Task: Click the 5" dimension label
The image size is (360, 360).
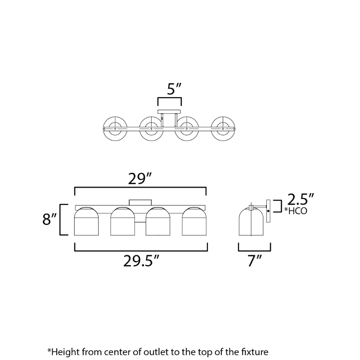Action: pyautogui.click(x=174, y=89)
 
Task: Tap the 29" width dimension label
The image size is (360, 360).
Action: pyautogui.click(x=140, y=179)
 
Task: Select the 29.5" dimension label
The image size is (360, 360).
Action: pyautogui.click(x=141, y=261)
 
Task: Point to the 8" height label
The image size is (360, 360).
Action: pyautogui.click(x=49, y=219)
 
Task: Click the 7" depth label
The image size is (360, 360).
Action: pyautogui.click(x=255, y=261)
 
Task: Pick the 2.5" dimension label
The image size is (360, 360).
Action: pyautogui.click(x=300, y=199)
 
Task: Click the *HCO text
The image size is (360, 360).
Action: pyautogui.click(x=296, y=211)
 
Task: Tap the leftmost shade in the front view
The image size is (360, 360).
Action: pyautogui.click(x=86, y=221)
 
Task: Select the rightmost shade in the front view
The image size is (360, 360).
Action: pyautogui.click(x=194, y=221)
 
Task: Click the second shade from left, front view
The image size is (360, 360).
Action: pyautogui.click(x=122, y=221)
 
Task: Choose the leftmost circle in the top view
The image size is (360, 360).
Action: pyautogui.click(x=115, y=129)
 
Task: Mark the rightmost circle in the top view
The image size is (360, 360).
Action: pyautogui.click(x=223, y=129)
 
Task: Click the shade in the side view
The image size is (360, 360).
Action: pyautogui.click(x=252, y=221)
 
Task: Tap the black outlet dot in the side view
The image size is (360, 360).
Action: pyautogui.click(x=268, y=211)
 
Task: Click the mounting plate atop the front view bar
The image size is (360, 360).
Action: pyautogui.click(x=140, y=202)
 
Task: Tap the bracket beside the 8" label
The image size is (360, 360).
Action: pyautogui.click(x=64, y=220)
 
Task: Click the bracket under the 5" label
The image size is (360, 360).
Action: pyautogui.click(x=170, y=102)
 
